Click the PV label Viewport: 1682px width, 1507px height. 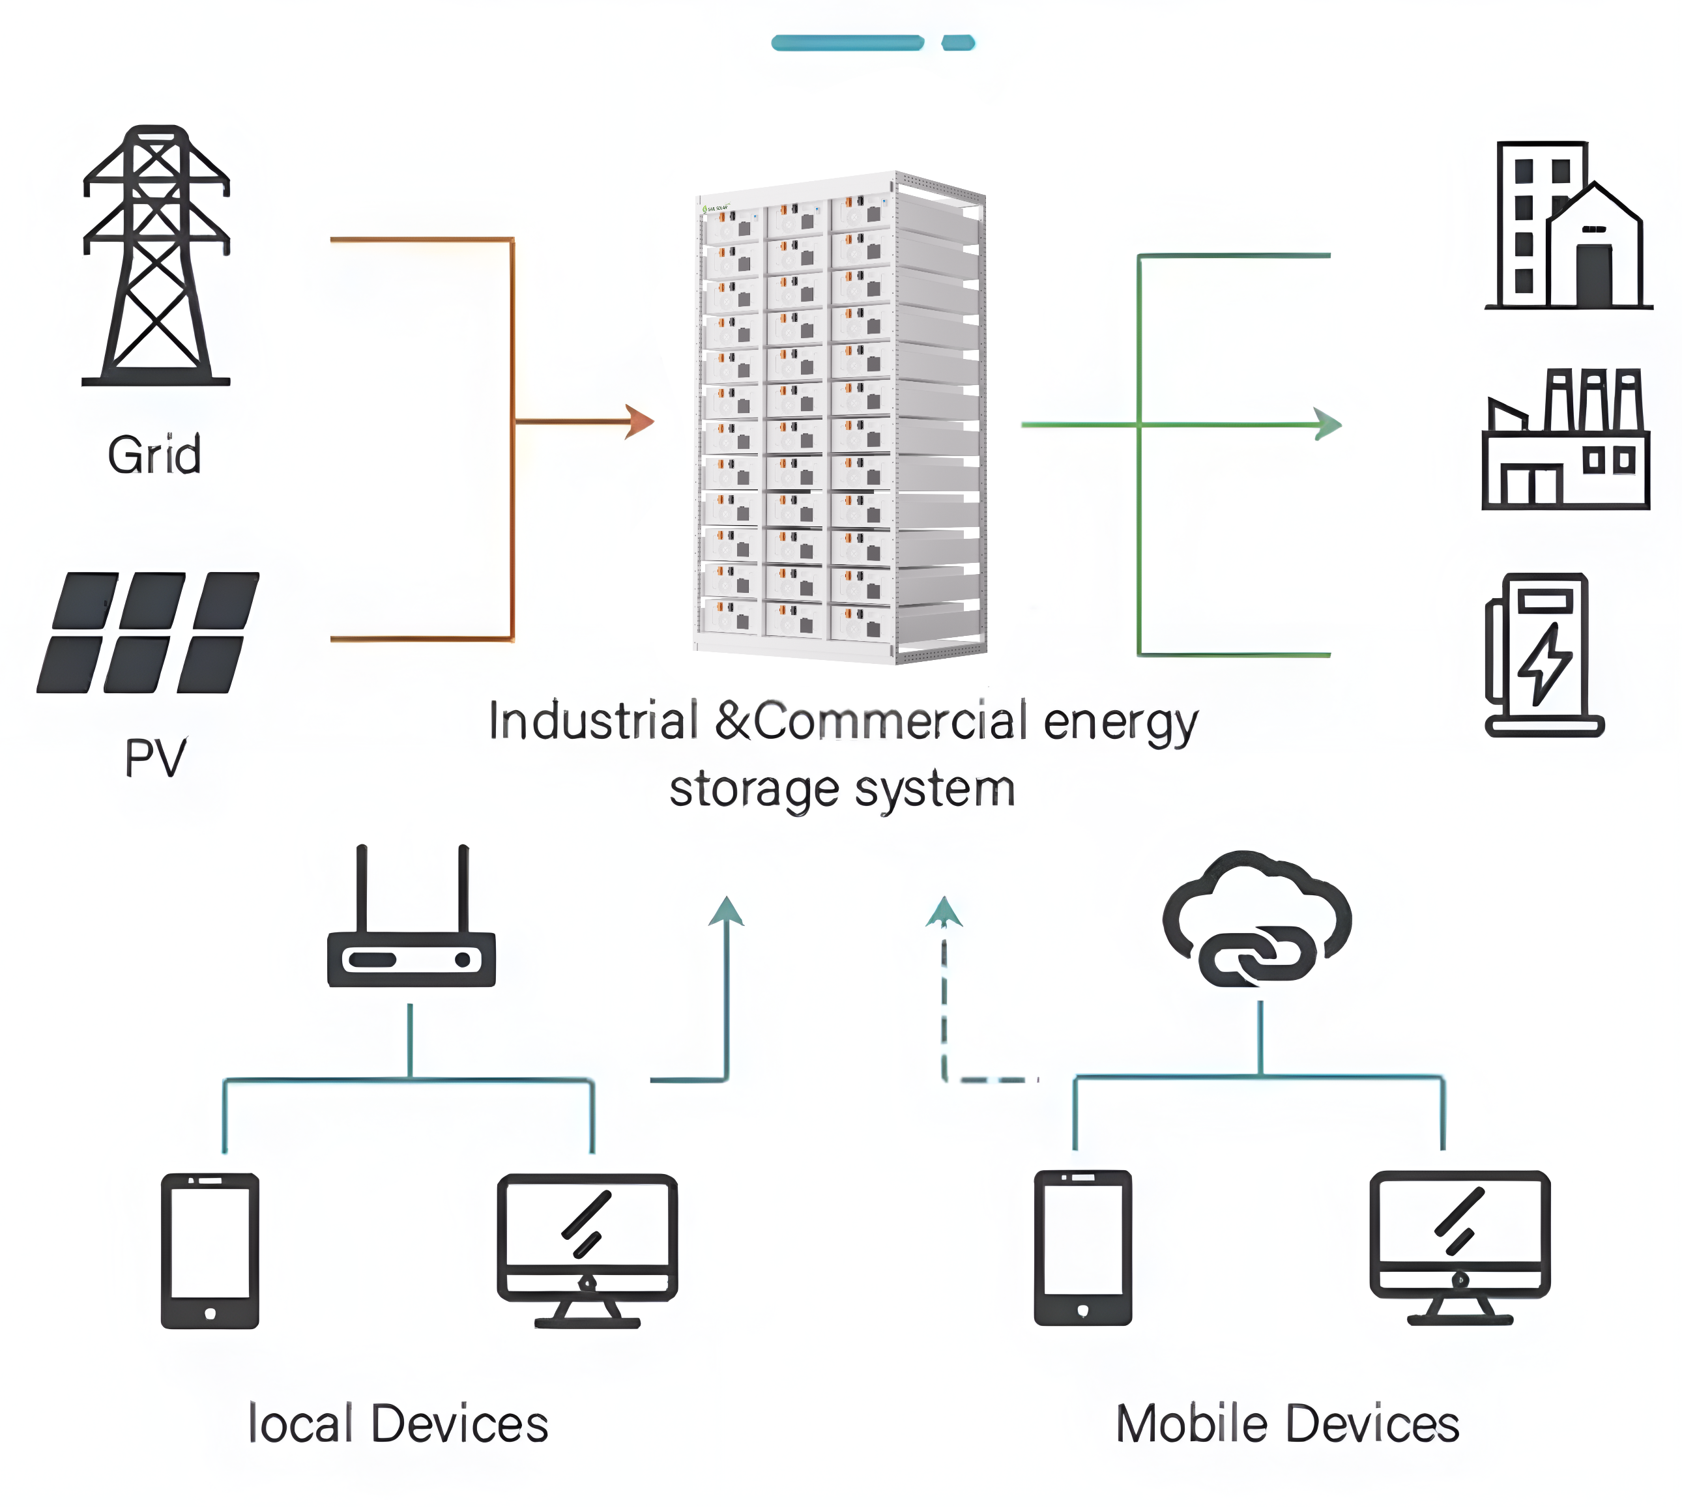[155, 757]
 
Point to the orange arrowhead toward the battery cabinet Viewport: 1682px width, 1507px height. [639, 422]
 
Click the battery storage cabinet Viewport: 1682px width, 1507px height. [840, 418]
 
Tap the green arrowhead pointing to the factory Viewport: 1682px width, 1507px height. [1327, 425]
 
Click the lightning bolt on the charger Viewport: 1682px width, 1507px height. [1544, 663]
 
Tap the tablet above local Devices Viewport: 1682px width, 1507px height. [210, 1250]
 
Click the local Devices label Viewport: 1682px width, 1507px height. [398, 1424]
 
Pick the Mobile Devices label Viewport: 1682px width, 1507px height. [1287, 1424]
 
